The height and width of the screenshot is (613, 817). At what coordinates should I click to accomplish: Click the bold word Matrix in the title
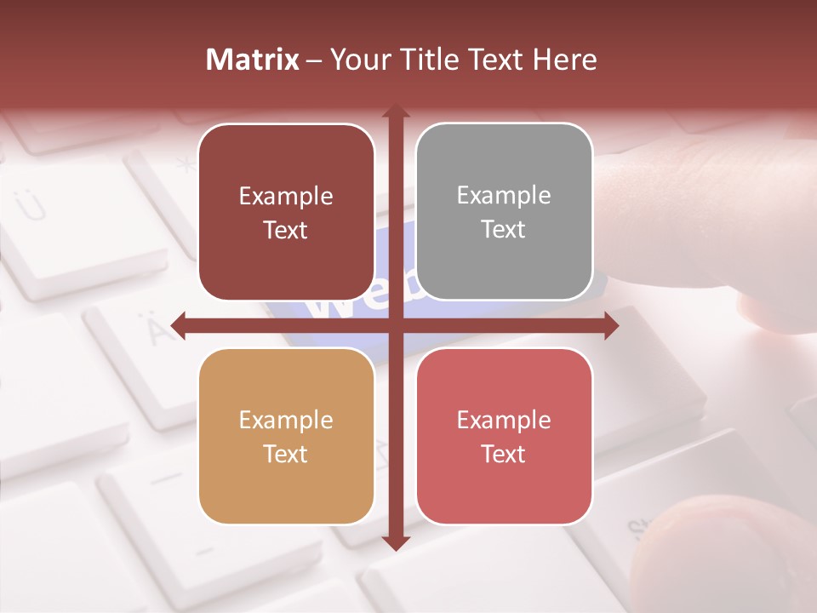pos(252,60)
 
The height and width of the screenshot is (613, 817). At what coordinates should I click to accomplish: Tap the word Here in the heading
pos(564,60)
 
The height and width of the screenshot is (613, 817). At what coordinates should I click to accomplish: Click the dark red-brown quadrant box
pos(286,212)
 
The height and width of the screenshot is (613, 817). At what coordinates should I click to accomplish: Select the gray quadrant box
pos(504,212)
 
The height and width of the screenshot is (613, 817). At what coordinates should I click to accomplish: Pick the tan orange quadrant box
pos(286,436)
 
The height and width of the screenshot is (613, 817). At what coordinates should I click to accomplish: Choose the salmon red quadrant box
pos(504,436)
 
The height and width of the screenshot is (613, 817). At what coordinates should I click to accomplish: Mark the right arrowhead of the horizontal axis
pos(610,325)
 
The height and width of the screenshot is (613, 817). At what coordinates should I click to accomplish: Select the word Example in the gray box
pos(504,195)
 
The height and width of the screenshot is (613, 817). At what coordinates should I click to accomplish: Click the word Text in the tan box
pos(286,454)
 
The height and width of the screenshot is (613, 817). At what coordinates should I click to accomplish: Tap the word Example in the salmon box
pos(504,420)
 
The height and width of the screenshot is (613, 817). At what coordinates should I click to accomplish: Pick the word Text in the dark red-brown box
pos(286,230)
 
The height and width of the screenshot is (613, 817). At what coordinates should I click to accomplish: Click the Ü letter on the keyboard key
pos(31,204)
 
